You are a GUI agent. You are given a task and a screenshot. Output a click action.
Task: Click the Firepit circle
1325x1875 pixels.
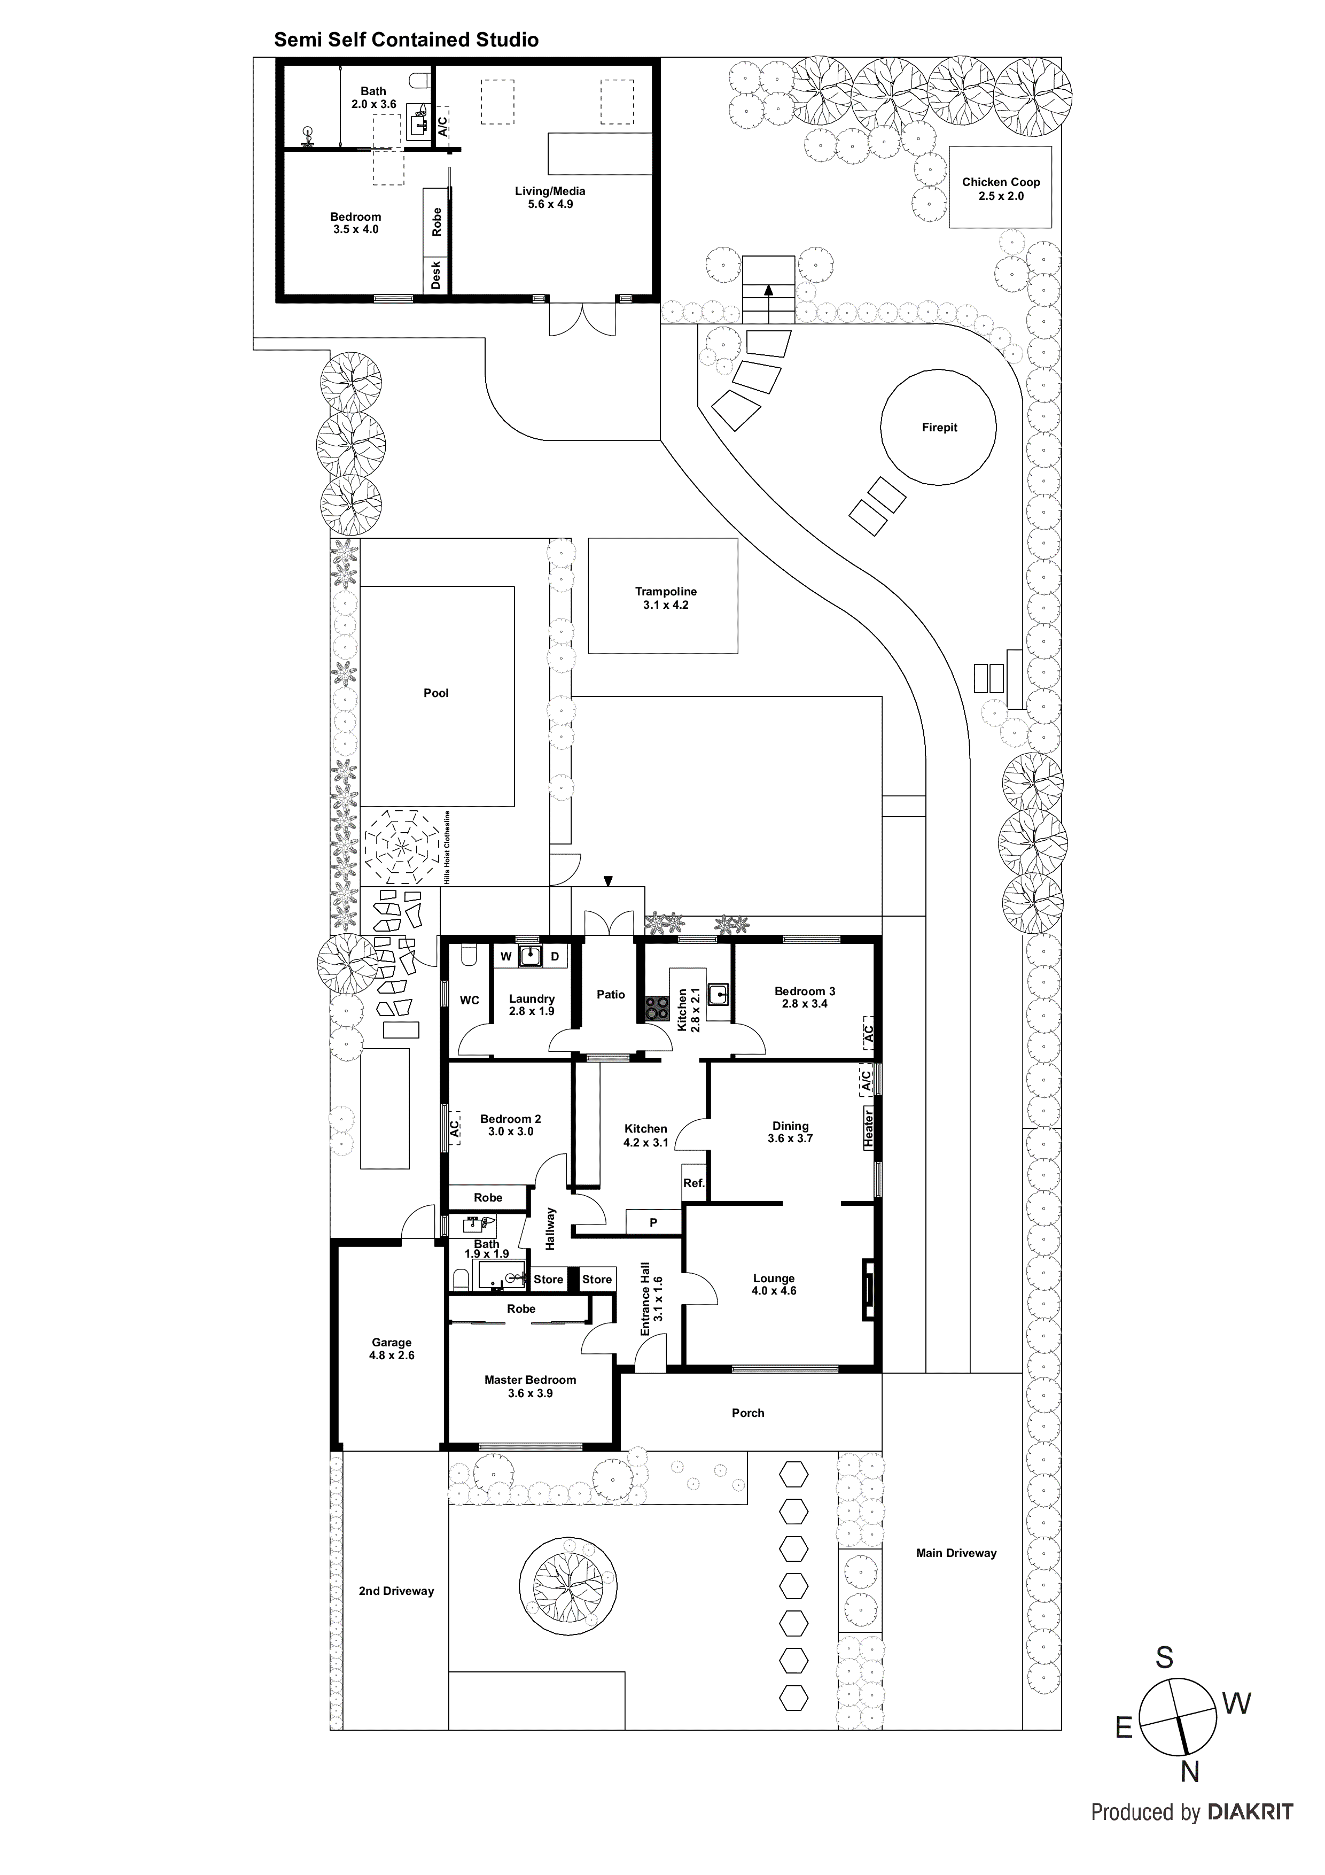coord(938,427)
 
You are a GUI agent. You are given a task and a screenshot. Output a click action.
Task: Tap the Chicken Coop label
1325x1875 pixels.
coord(1000,182)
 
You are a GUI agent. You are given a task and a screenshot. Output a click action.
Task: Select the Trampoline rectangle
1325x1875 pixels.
coord(663,595)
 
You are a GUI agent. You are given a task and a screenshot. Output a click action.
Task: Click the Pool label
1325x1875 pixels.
coord(436,693)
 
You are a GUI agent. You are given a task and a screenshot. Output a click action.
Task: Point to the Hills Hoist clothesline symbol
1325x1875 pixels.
coord(400,847)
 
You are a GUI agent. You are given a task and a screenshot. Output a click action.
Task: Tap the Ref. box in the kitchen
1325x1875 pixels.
coord(694,1182)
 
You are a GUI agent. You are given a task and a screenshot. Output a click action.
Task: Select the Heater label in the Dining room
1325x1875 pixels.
coord(869,1128)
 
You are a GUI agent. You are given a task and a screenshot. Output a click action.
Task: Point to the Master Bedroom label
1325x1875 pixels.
coord(530,1380)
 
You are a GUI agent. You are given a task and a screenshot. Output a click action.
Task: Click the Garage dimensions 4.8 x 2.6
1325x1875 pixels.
coord(392,1355)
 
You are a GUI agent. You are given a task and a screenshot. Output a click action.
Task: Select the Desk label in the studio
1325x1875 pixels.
coord(436,274)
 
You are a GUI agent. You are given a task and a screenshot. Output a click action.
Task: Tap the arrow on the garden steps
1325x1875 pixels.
coord(768,289)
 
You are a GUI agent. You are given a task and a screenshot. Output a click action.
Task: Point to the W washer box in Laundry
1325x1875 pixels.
coord(505,956)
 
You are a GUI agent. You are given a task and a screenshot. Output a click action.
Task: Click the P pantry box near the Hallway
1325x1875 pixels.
coord(653,1222)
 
